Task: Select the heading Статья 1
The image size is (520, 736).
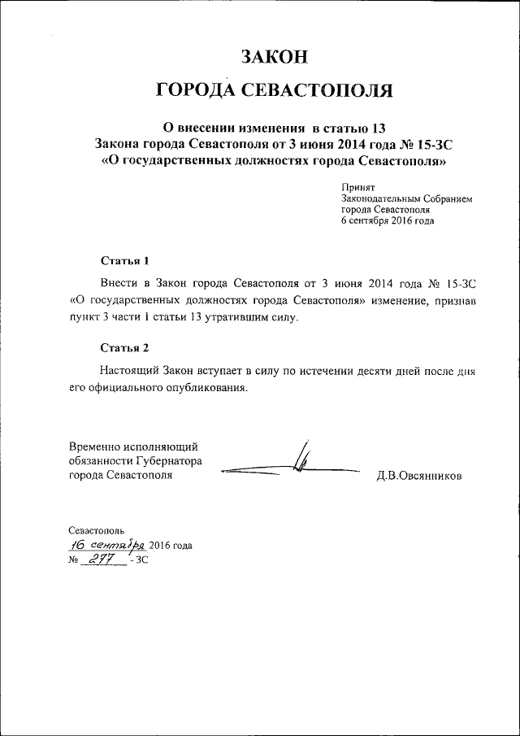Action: (125, 261)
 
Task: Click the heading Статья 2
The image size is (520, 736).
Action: (125, 349)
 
